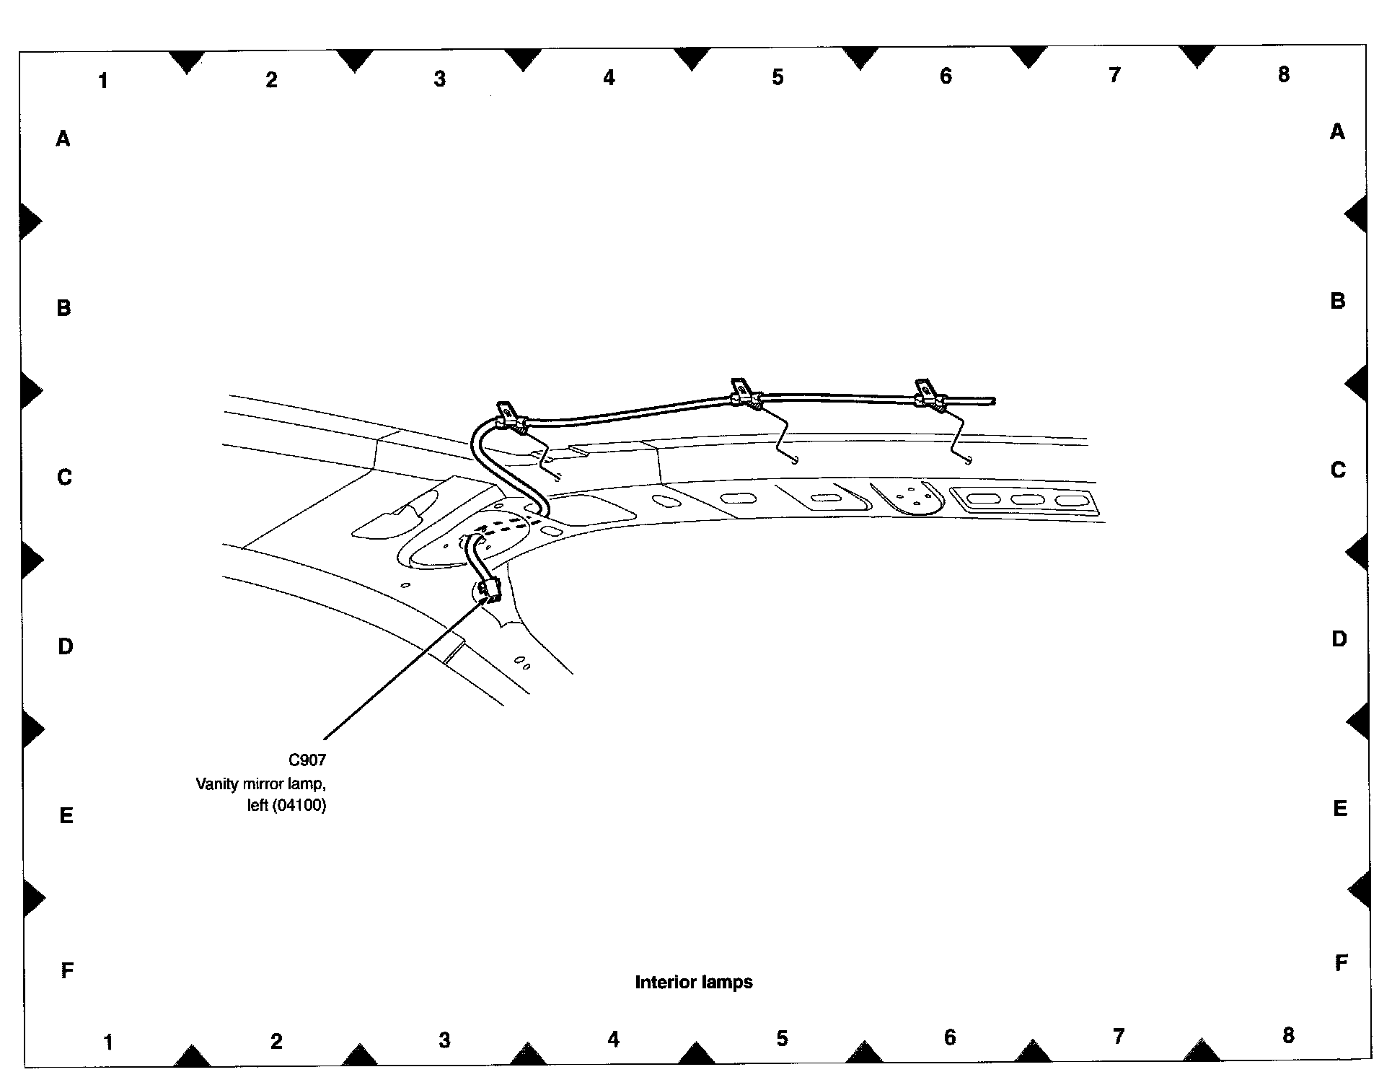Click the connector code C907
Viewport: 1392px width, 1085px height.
pyautogui.click(x=307, y=760)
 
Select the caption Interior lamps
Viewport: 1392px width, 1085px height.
pyautogui.click(x=693, y=982)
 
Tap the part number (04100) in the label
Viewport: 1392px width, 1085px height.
pyautogui.click(x=299, y=805)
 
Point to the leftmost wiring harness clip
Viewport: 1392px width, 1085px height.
pyautogui.click(x=508, y=416)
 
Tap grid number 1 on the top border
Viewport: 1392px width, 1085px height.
pyautogui.click(x=103, y=81)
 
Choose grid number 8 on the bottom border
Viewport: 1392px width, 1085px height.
pyautogui.click(x=1288, y=1035)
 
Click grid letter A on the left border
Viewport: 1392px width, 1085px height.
pyautogui.click(x=63, y=139)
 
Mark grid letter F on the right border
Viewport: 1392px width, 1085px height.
pyautogui.click(x=1341, y=962)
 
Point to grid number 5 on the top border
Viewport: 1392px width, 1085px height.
pyautogui.click(x=778, y=77)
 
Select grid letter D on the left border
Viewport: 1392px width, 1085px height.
pyautogui.click(x=66, y=646)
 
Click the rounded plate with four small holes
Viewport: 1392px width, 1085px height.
pyautogui.click(x=907, y=496)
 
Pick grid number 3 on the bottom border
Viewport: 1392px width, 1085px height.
pyautogui.click(x=444, y=1040)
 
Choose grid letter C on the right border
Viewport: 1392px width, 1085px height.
pyautogui.click(x=1338, y=470)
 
